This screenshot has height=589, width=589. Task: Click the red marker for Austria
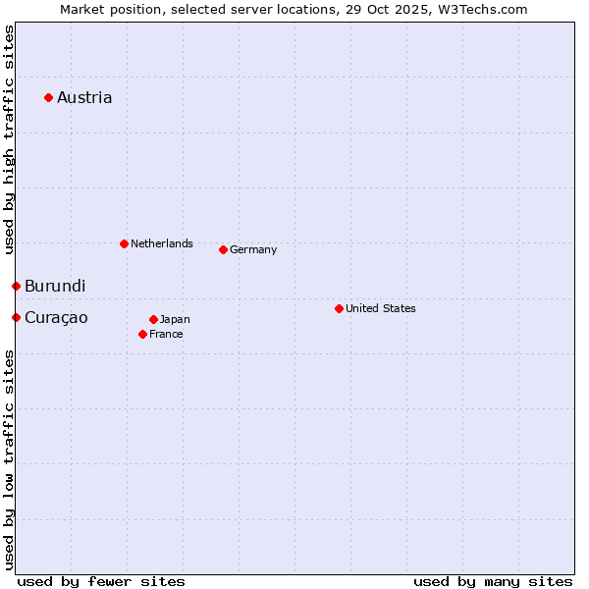(x=48, y=97)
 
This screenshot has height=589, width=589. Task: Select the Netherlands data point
(x=124, y=243)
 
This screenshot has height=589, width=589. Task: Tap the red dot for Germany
(x=223, y=249)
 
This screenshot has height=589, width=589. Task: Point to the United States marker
(x=339, y=308)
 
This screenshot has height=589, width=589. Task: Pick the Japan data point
(x=153, y=319)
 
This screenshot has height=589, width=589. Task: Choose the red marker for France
(x=143, y=334)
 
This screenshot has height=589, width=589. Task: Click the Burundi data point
(x=16, y=286)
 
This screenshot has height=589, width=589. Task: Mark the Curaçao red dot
(x=16, y=317)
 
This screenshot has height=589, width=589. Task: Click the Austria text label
(x=84, y=97)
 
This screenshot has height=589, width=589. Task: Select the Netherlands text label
(x=161, y=243)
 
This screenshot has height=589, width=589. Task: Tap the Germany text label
(x=253, y=249)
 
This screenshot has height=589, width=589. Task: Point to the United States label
(x=380, y=308)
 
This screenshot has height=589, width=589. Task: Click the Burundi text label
(x=55, y=287)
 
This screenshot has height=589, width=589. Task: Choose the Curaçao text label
(x=56, y=318)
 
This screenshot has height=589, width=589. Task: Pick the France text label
(x=166, y=334)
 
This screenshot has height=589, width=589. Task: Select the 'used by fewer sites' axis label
(x=101, y=582)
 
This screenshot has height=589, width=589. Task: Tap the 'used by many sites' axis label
(x=493, y=582)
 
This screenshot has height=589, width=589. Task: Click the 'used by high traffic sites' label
(x=9, y=139)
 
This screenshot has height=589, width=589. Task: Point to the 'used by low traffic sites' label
(x=9, y=459)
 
